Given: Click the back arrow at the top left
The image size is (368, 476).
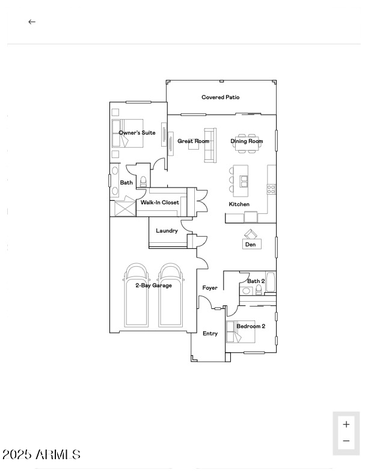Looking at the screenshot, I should [32, 22].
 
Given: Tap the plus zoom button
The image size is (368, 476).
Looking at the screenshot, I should [346, 424].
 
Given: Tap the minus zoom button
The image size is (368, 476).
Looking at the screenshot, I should [346, 441].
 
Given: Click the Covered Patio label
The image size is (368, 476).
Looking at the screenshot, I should [220, 97].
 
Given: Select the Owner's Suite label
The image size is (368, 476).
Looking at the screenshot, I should [137, 133].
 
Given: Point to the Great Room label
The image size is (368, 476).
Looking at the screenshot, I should [193, 141].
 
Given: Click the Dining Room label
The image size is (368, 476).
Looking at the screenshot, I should [247, 141].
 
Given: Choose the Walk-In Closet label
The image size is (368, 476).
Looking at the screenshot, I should [159, 203].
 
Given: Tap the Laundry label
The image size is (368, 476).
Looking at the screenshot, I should [167, 231].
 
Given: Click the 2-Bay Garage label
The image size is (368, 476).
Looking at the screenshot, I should [153, 285].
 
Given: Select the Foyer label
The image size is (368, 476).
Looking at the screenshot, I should [210, 288].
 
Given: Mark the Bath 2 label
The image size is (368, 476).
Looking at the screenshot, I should [256, 281].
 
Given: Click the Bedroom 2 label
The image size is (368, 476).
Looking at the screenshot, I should [251, 326].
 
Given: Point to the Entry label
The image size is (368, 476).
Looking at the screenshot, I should [210, 334].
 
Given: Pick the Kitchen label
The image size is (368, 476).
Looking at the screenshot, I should [239, 204].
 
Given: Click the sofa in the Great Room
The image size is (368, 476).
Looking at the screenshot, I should [210, 145].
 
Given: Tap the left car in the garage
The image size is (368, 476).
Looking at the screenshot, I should [136, 296].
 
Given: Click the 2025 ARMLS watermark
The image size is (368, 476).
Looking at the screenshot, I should [41, 455].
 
